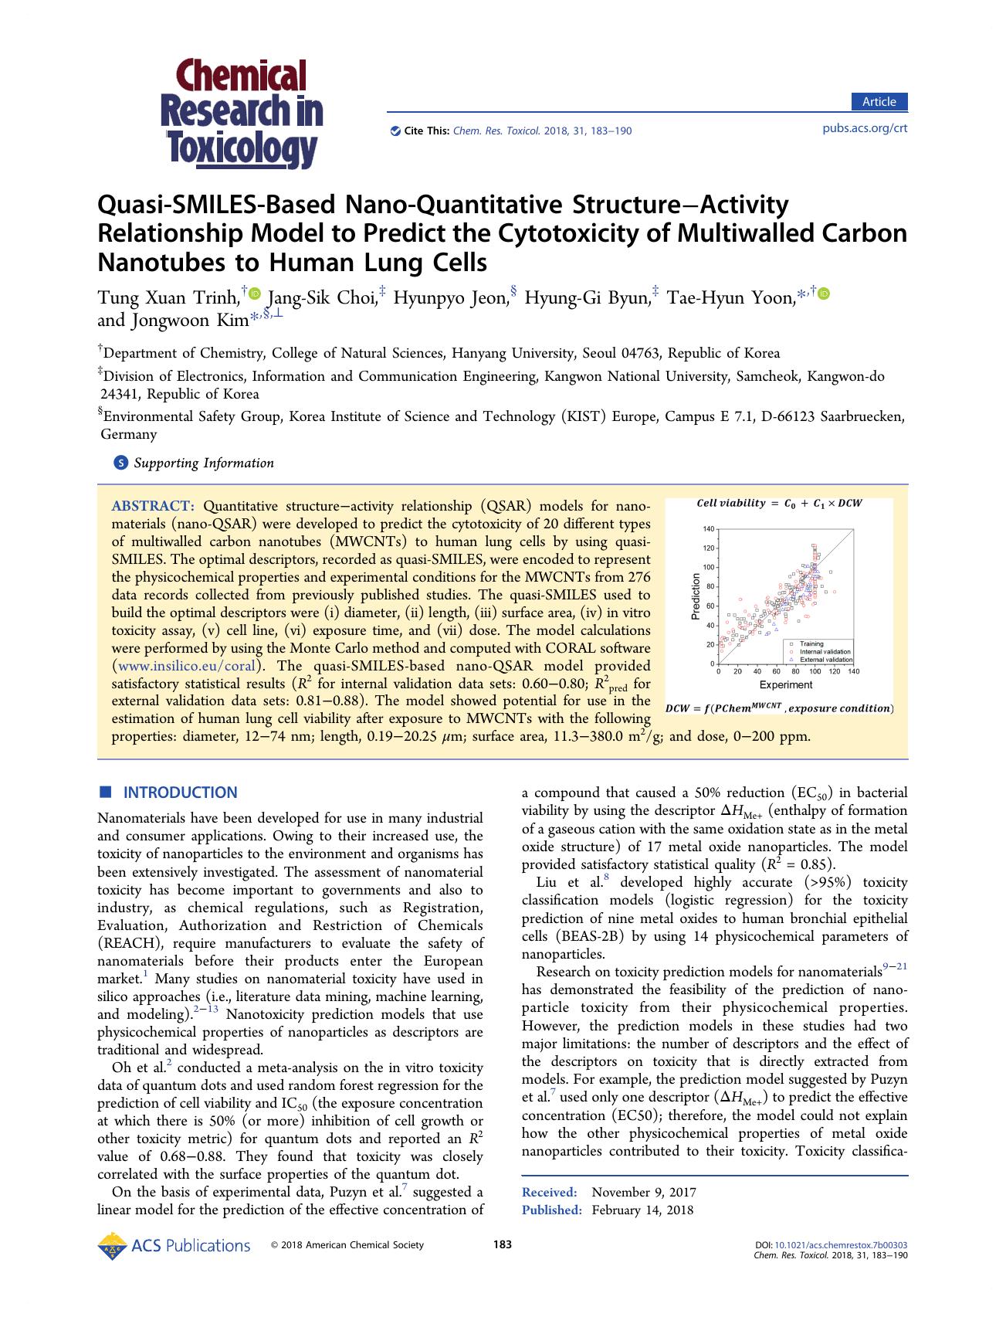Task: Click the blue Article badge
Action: tap(879, 102)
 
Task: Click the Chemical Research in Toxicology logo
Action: tap(242, 114)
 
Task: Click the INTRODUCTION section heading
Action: tap(181, 793)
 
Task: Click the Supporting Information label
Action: tap(203, 463)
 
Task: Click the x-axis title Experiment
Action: tap(785, 684)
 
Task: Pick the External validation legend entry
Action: tap(825, 660)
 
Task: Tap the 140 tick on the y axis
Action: tap(708, 529)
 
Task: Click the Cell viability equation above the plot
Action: tap(778, 504)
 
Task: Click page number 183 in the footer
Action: tap(503, 1244)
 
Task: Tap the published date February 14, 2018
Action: tap(642, 1210)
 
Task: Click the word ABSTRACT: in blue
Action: tap(153, 507)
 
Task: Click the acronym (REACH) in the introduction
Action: tap(130, 943)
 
